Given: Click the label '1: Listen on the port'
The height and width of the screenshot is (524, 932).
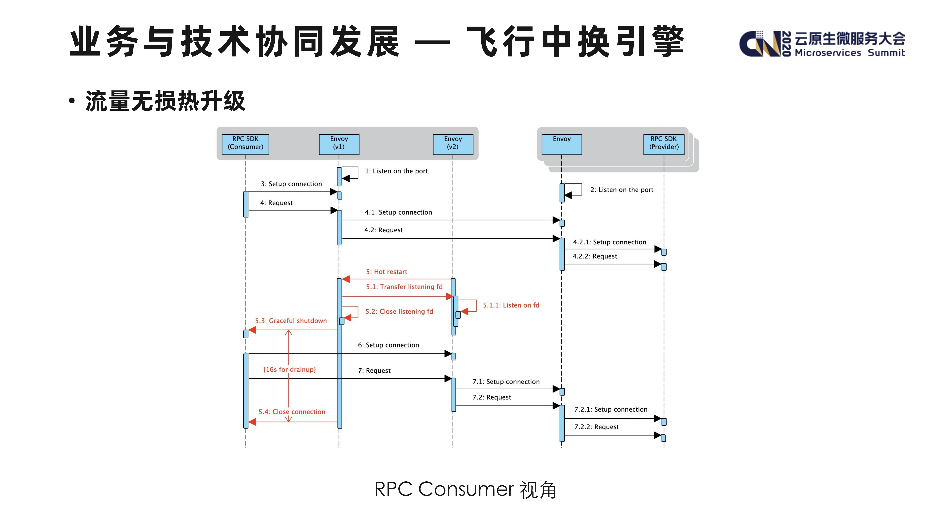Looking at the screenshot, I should [396, 171].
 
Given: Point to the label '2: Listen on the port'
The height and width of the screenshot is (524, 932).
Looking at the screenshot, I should [622, 190].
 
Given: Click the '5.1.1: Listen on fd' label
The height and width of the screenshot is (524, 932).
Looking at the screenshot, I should [511, 305].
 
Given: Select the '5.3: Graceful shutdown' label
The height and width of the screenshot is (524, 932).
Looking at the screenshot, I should [291, 321].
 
